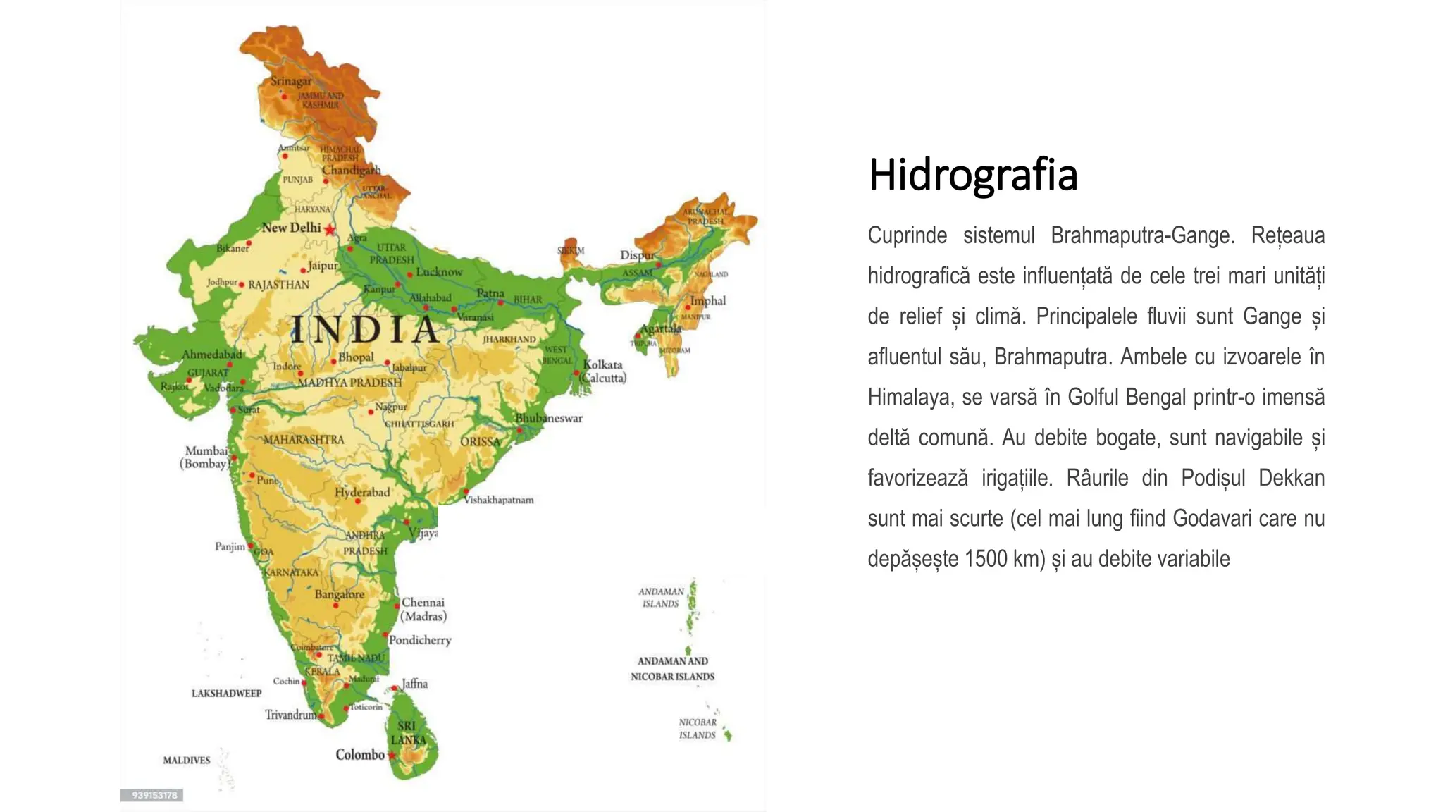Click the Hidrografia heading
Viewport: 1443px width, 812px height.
click(x=973, y=175)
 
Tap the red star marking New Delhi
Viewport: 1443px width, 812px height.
click(x=330, y=229)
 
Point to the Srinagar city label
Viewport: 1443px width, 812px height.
click(x=291, y=81)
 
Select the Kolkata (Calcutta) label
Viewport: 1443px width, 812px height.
click(x=603, y=371)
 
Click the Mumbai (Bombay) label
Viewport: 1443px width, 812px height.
click(x=206, y=457)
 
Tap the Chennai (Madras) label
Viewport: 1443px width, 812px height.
click(x=423, y=610)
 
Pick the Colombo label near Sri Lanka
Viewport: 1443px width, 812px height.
click(x=360, y=754)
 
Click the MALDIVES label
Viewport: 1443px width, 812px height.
click(x=187, y=760)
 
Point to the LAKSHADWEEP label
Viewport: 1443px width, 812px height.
click(x=226, y=693)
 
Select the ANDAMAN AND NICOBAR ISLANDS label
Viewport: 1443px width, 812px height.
click(x=673, y=669)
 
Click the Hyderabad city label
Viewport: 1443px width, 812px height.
click(x=362, y=492)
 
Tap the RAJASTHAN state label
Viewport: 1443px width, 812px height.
click(x=278, y=285)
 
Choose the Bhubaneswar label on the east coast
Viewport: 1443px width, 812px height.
click(x=549, y=418)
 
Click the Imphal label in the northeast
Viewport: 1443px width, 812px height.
click(x=707, y=300)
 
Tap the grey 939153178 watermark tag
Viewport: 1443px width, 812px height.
click(x=152, y=795)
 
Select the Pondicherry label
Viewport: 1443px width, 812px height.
click(x=420, y=640)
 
